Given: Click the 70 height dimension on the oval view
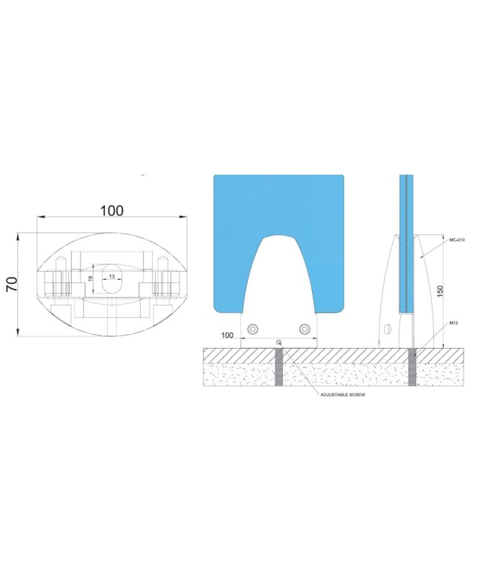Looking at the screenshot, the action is click(x=12, y=284).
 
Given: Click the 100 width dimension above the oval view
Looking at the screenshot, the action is click(x=112, y=211).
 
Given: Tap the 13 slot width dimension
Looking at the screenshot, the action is click(x=112, y=277).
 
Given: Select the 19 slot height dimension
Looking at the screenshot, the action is click(x=91, y=279).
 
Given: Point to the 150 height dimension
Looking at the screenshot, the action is click(x=440, y=291).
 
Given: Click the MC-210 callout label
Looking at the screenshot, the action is click(x=457, y=240).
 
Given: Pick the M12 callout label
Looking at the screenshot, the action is click(x=453, y=323).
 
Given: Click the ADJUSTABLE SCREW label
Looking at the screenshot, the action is click(x=343, y=395).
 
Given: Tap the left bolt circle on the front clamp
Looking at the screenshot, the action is click(x=253, y=329).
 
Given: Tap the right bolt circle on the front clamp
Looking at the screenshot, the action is click(x=304, y=329).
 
